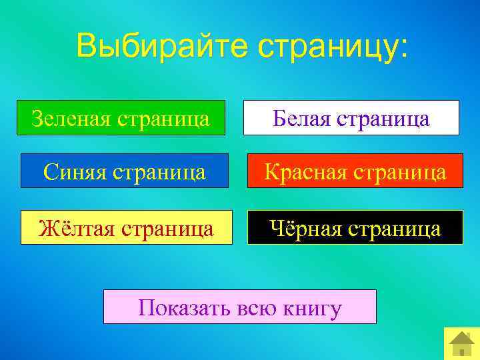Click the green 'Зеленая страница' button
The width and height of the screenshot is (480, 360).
(121, 118)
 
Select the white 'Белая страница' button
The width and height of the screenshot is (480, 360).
(351, 118)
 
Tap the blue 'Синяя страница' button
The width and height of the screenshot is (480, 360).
(125, 171)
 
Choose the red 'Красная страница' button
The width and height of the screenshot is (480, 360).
(355, 171)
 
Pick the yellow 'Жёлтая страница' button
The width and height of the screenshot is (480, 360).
(127, 228)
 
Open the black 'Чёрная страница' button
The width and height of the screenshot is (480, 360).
(355, 228)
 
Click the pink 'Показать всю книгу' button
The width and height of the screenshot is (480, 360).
(239, 307)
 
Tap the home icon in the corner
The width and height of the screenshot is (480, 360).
(461, 343)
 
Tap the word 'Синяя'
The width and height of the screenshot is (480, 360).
(74, 171)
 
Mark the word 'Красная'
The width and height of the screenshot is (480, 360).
(303, 171)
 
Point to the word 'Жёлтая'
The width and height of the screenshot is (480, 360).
(77, 228)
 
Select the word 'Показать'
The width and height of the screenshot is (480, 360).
(176, 308)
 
